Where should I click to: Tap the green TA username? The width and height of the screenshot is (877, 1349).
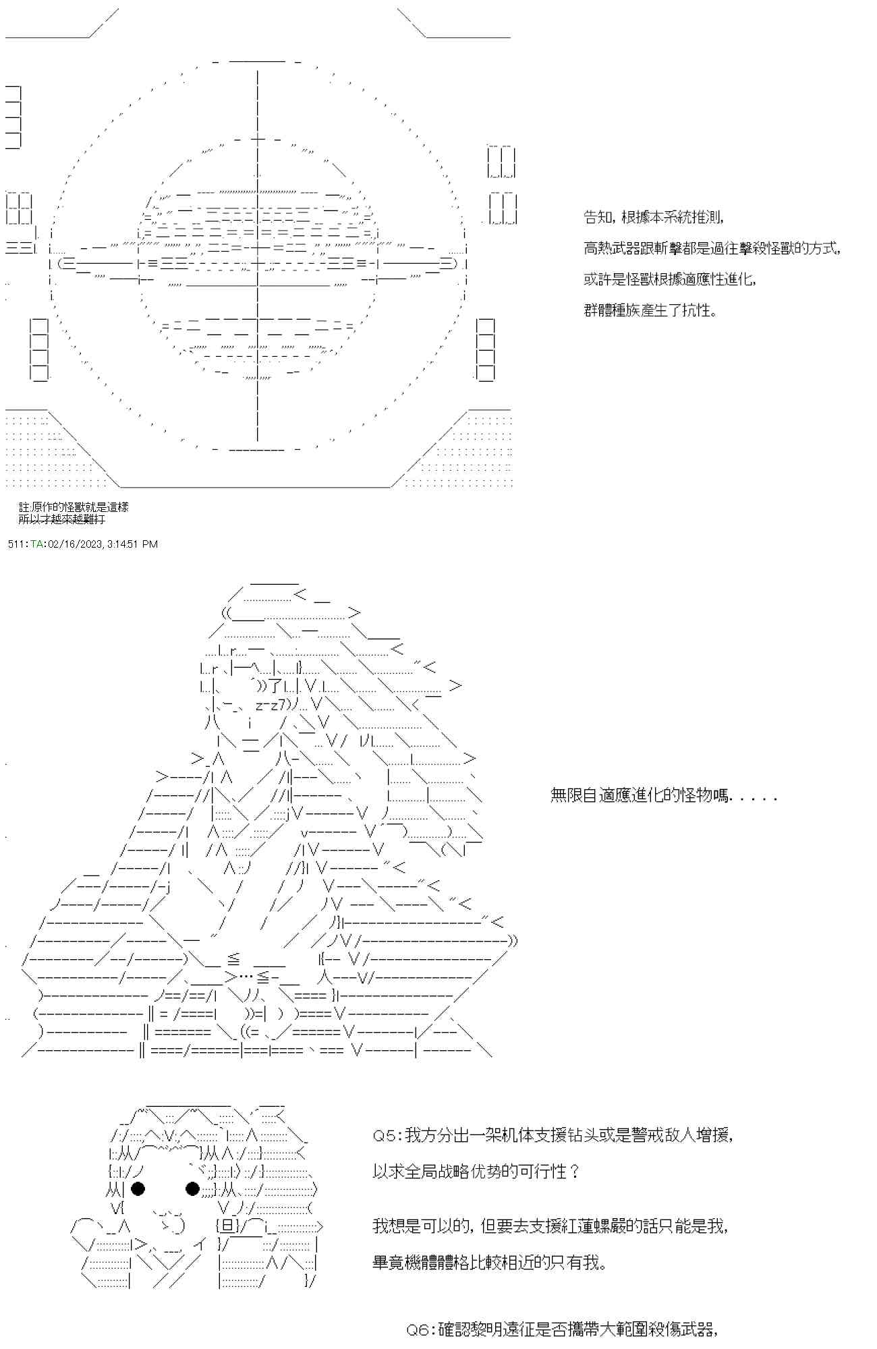point(36,544)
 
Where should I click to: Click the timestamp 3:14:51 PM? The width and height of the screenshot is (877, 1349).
point(132,544)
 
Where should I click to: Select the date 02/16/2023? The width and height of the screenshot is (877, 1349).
point(75,544)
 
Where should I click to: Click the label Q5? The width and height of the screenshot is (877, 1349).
point(387,1136)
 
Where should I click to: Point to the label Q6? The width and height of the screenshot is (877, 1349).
point(421,1329)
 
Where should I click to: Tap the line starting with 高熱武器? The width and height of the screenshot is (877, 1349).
point(712,248)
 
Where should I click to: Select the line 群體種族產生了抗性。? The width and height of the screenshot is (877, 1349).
point(650,310)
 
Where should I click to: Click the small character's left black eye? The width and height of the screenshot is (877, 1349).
point(138,1189)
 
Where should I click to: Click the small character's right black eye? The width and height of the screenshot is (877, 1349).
point(192,1189)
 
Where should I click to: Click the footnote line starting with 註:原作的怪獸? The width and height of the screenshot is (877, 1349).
point(74,507)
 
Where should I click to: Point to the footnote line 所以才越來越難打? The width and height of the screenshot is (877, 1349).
point(62,519)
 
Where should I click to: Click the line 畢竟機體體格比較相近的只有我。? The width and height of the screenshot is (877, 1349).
point(490,1262)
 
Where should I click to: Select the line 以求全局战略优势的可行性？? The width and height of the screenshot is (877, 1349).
point(476,1172)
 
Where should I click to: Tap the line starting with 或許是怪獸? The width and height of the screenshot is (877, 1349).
point(670,279)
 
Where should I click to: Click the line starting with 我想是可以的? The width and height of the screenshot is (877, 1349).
point(550,1226)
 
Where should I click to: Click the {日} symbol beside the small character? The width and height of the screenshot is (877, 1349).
point(226,1226)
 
